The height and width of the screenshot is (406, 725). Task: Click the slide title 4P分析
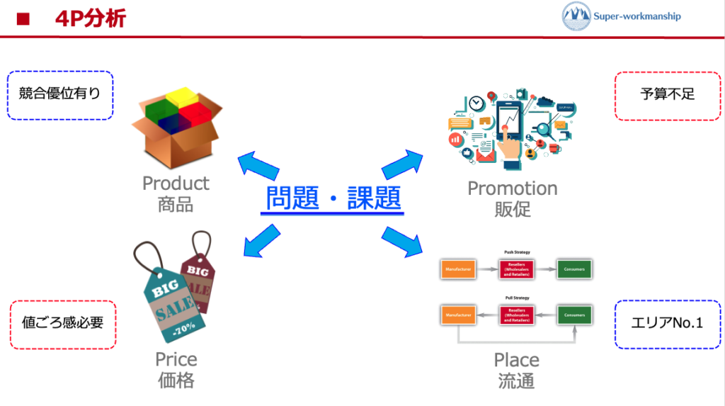(x=90, y=18)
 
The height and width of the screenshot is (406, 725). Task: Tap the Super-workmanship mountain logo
(x=576, y=16)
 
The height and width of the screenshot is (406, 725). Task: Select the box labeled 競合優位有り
(x=60, y=94)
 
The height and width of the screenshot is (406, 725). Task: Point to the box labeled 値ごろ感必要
(x=62, y=323)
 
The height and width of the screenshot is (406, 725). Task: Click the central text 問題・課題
(x=333, y=199)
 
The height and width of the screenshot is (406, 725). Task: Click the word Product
(x=176, y=184)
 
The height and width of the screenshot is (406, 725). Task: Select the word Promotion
(x=513, y=188)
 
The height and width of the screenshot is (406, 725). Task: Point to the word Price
(x=176, y=359)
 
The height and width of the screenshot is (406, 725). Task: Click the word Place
(x=516, y=360)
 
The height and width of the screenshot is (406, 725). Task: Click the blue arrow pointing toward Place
(x=401, y=241)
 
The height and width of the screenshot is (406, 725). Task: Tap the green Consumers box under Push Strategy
(x=573, y=269)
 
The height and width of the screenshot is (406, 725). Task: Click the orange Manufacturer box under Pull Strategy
(x=457, y=314)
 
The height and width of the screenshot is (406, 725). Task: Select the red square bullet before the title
(x=22, y=19)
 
